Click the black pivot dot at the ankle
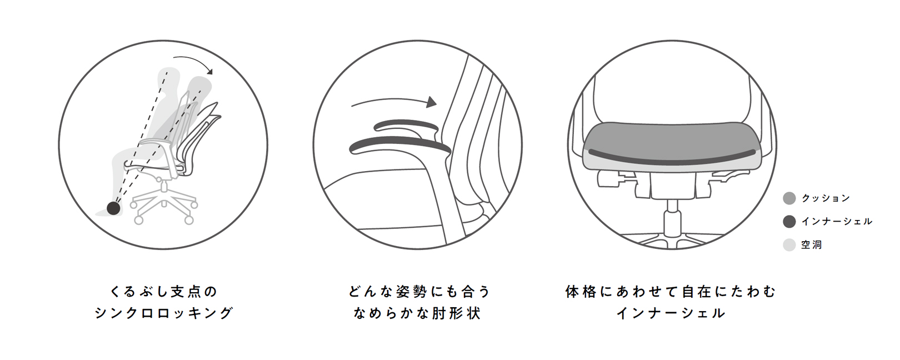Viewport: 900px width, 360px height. pyautogui.click(x=114, y=208)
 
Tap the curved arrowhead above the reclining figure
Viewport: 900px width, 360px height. pyautogui.click(x=209, y=71)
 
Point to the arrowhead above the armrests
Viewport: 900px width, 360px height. pyautogui.click(x=432, y=102)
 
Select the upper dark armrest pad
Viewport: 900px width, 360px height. pyautogui.click(x=406, y=126)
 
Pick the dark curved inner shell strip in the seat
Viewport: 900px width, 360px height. pyautogui.click(x=672, y=158)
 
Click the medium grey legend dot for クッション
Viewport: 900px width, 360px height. pyautogui.click(x=789, y=198)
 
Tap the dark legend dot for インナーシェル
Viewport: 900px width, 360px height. pyautogui.click(x=789, y=221)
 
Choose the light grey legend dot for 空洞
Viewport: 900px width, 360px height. pyautogui.click(x=789, y=244)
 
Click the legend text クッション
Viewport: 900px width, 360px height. pyautogui.click(x=826, y=198)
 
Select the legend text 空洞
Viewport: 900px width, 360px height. pyautogui.click(x=811, y=244)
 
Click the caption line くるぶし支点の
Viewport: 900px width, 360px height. pyautogui.click(x=163, y=291)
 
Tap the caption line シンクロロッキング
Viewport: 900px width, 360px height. pyautogui.click(x=163, y=313)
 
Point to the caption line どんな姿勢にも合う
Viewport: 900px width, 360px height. pyautogui.click(x=419, y=291)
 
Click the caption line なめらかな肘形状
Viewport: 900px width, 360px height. pyautogui.click(x=417, y=313)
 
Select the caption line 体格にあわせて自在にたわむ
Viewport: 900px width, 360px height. pyautogui.click(x=671, y=291)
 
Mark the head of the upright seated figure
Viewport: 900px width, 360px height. pyautogui.click(x=169, y=76)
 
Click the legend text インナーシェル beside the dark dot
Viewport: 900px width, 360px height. pyautogui.click(x=837, y=221)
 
